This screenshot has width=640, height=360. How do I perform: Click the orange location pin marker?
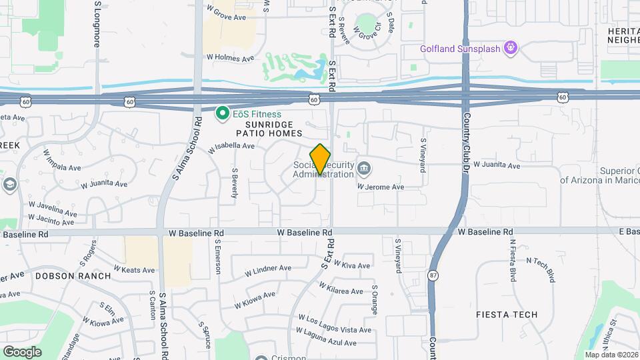click(x=320, y=159)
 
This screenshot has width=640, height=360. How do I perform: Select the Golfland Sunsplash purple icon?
click(x=511, y=48)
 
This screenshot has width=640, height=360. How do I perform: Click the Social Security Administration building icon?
click(x=363, y=167)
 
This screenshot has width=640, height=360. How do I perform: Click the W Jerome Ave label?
click(x=381, y=187)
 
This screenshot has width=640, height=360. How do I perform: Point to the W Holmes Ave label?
click(x=230, y=59)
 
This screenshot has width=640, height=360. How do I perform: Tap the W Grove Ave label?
click(x=227, y=13)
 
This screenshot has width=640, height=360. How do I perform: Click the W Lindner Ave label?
click(x=268, y=271)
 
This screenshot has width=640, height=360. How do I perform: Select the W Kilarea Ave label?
click(x=341, y=288)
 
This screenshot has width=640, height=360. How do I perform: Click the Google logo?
click(x=22, y=351)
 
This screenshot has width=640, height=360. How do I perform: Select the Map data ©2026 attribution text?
click(x=611, y=355)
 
